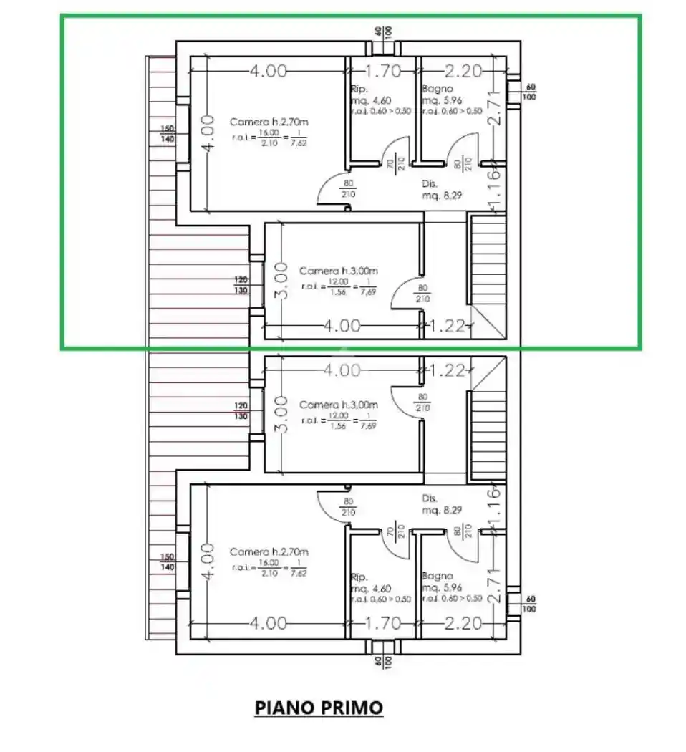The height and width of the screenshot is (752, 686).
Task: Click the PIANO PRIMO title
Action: (x=319, y=708)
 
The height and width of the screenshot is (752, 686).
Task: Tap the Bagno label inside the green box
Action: (x=437, y=90)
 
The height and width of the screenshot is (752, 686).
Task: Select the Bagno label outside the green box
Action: (x=437, y=575)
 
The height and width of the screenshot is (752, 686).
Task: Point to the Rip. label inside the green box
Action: (x=359, y=90)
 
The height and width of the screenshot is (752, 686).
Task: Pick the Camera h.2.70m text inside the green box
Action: (x=269, y=122)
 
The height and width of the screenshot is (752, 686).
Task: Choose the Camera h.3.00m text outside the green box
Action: (x=338, y=405)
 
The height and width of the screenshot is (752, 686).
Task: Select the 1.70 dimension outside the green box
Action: (x=384, y=623)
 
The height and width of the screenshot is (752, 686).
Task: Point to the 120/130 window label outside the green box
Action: (x=242, y=411)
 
